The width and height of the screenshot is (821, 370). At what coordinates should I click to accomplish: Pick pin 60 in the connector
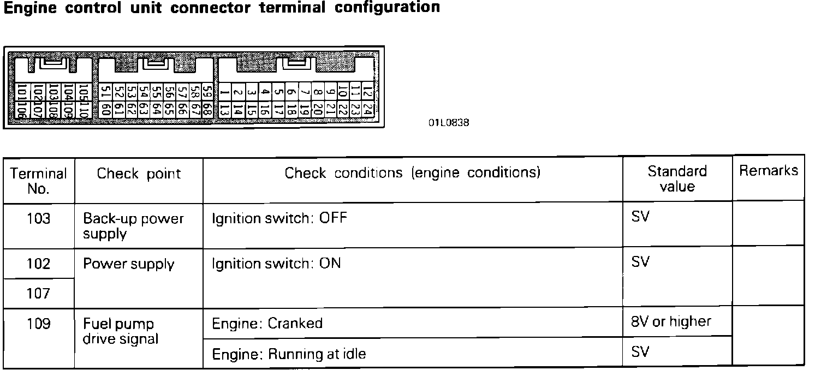point(105,110)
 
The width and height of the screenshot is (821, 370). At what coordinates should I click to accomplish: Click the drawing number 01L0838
point(448,123)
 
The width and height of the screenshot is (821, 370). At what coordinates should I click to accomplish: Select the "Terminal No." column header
point(38,181)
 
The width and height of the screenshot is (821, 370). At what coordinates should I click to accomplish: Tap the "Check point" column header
point(139,174)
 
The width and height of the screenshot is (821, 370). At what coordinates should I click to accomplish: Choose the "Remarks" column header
point(768,171)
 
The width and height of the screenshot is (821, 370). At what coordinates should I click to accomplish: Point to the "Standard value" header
point(677,178)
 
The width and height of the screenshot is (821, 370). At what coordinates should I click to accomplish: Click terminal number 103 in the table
point(38,219)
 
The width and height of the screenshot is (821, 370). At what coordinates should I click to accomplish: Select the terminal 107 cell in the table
point(38,294)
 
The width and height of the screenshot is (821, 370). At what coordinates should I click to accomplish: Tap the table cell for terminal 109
point(38,324)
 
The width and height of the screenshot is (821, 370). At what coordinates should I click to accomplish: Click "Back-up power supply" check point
point(133,226)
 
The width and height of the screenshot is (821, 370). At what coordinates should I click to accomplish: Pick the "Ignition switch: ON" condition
point(276,264)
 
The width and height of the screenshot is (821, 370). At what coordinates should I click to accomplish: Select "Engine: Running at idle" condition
point(289,354)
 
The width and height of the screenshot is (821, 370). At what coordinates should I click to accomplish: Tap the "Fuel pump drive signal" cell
point(120,331)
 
